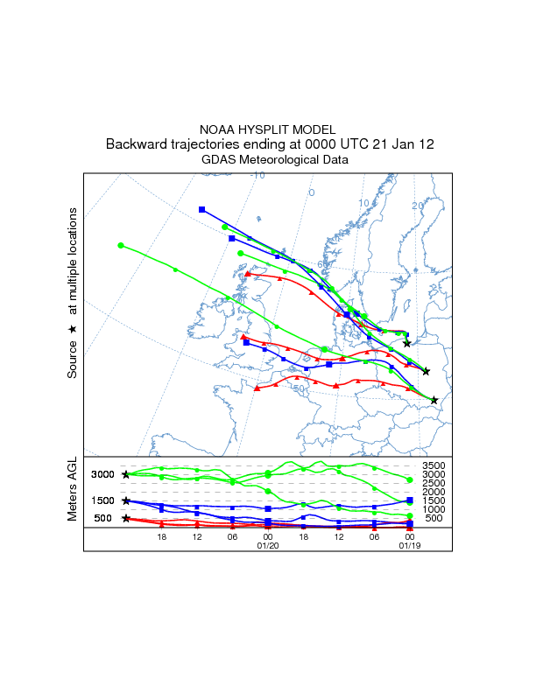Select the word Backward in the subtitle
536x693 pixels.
click(138, 144)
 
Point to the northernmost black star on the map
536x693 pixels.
click(407, 343)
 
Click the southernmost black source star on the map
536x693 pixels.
click(434, 400)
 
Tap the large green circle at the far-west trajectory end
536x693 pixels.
click(121, 246)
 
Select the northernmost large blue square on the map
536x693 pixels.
click(202, 209)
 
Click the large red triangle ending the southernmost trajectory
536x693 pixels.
click(257, 388)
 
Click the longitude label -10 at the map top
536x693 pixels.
click(257, 176)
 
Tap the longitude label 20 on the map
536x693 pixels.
click(418, 206)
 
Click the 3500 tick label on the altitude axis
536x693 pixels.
click(435, 465)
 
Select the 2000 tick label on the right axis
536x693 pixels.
click(435, 492)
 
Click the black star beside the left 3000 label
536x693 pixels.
click(126, 474)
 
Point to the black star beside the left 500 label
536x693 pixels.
click(126, 518)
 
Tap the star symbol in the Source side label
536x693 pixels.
click(73, 329)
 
